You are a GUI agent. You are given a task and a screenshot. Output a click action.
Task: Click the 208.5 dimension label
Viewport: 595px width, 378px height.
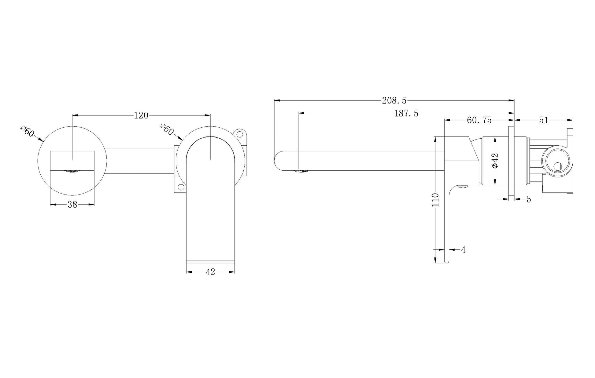(x=394, y=100)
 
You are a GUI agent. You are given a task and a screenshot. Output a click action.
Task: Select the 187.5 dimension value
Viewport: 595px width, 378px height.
(x=406, y=114)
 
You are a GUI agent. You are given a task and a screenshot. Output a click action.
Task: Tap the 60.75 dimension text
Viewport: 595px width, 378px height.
(x=479, y=121)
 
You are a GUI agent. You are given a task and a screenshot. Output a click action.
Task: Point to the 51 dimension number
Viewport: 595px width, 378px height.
(x=544, y=121)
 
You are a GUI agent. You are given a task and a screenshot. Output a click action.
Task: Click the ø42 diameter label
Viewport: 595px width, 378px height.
(x=495, y=160)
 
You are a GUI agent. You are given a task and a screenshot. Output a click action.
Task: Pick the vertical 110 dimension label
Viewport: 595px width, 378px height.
(x=435, y=200)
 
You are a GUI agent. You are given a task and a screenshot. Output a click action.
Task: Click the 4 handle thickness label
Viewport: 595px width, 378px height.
(x=463, y=250)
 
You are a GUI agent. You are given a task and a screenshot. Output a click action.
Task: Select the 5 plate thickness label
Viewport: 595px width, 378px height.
(x=529, y=199)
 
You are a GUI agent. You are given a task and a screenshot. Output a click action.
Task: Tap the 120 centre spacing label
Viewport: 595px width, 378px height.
(x=141, y=115)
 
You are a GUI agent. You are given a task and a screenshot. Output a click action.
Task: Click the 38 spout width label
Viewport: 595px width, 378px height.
(x=72, y=205)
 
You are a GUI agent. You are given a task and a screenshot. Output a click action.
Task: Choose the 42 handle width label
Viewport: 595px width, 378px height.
(x=210, y=272)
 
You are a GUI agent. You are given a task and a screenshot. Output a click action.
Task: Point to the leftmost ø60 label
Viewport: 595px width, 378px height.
(x=28, y=132)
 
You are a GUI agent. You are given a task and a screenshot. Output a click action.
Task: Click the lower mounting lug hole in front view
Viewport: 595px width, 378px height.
(x=181, y=187)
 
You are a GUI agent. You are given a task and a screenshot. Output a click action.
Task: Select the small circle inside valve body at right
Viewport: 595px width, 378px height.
(x=558, y=167)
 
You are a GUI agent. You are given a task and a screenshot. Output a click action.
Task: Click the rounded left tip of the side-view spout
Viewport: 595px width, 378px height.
(x=276, y=161)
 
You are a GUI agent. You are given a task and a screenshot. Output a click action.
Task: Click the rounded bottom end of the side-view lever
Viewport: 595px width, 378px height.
(x=447, y=261)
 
